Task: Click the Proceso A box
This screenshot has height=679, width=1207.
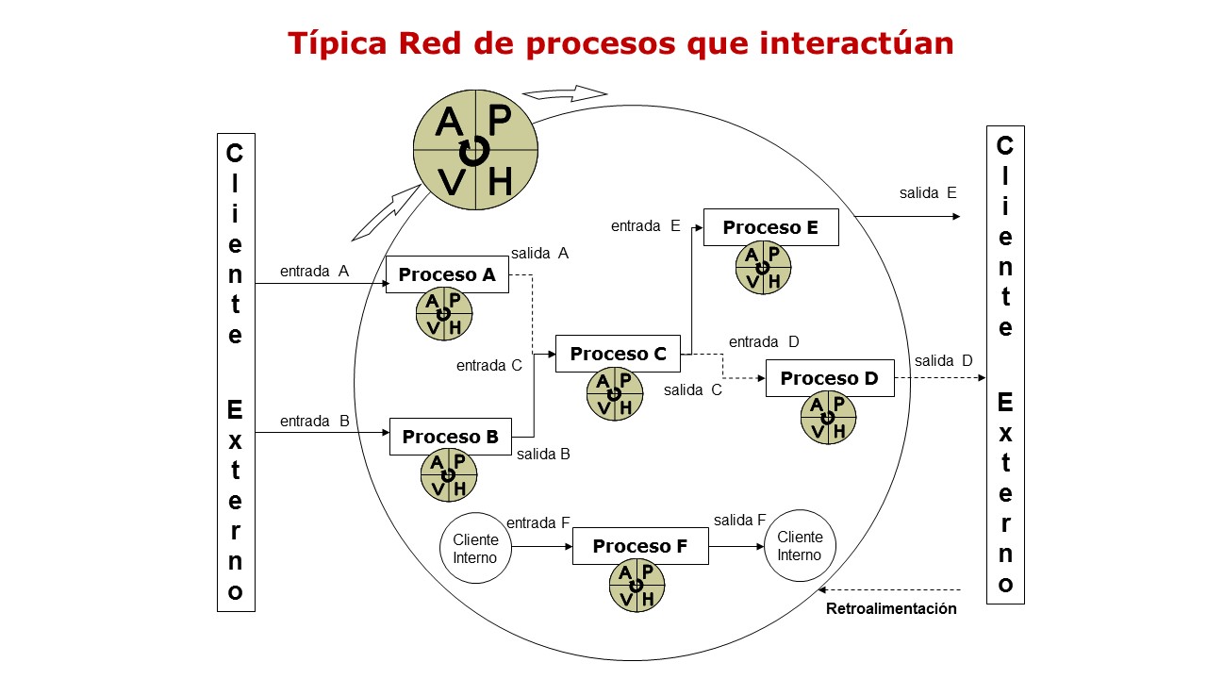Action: pyautogui.click(x=447, y=274)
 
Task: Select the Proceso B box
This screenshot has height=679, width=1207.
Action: pyautogui.click(x=450, y=437)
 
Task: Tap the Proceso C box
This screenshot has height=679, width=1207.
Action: pyautogui.click(x=618, y=354)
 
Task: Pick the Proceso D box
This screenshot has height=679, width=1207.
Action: pyautogui.click(x=829, y=378)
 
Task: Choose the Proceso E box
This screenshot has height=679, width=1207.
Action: pyautogui.click(x=770, y=227)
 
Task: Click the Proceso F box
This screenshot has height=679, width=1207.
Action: pyautogui.click(x=639, y=546)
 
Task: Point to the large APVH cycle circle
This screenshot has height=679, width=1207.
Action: pyautogui.click(x=475, y=150)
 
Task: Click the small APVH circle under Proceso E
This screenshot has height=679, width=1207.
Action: pyautogui.click(x=763, y=268)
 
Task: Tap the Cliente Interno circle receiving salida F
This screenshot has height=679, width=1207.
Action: pyautogui.click(x=800, y=546)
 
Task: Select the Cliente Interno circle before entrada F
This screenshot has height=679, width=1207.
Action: pyautogui.click(x=475, y=548)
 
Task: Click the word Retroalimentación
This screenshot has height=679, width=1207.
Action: pyautogui.click(x=891, y=608)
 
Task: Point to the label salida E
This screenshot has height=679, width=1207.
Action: pyautogui.click(x=928, y=193)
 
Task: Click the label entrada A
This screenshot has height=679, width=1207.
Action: pyautogui.click(x=314, y=271)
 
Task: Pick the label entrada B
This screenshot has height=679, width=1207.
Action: pyautogui.click(x=314, y=422)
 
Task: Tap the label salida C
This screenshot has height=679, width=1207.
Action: pyautogui.click(x=692, y=389)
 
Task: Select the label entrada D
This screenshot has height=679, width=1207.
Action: pyautogui.click(x=764, y=341)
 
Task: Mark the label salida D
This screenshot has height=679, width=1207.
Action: pyautogui.click(x=943, y=360)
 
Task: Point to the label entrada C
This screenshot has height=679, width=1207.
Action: pyautogui.click(x=488, y=366)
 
